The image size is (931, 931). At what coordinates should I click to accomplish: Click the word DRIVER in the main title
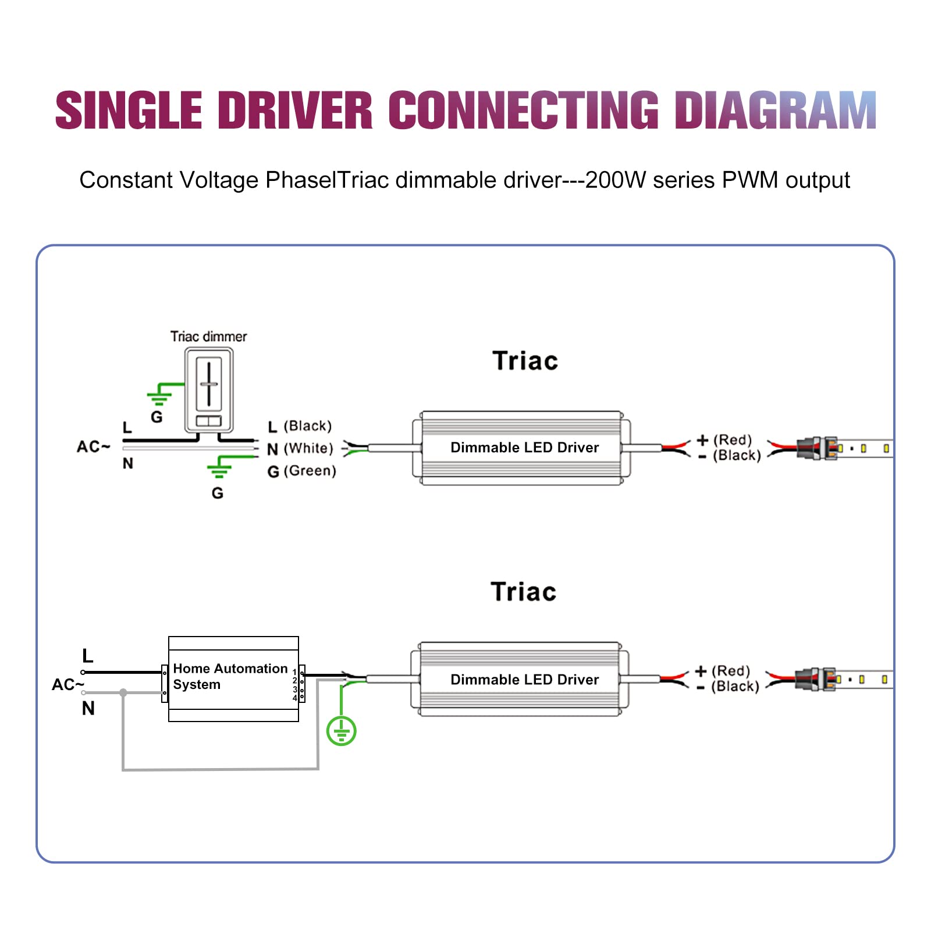[x=295, y=111]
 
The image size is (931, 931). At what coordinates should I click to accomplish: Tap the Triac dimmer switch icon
[x=209, y=389]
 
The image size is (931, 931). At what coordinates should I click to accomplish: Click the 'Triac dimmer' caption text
[x=208, y=336]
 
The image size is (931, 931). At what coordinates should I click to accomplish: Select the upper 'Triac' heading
[x=525, y=361]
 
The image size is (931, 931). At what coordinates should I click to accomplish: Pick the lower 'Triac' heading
[x=524, y=592]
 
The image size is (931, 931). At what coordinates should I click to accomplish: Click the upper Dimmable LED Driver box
[x=524, y=447]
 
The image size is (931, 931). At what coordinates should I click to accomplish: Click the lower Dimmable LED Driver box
[x=524, y=680]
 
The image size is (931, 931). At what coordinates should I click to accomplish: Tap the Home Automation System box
[x=233, y=678]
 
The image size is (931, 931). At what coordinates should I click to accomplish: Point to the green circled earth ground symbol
[x=341, y=731]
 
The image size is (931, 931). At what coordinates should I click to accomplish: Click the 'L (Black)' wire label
[x=300, y=426]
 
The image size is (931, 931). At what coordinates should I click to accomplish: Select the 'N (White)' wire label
[x=300, y=449]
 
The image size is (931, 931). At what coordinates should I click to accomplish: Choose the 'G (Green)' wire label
[x=301, y=471]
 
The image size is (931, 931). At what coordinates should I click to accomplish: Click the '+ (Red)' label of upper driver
[x=724, y=440]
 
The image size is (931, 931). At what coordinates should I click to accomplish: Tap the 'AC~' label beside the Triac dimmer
[x=93, y=447]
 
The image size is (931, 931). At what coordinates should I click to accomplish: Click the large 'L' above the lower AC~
[x=88, y=656]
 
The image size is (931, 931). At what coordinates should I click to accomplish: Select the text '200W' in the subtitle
[x=615, y=180]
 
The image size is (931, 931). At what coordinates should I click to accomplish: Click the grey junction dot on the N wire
[x=123, y=692]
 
